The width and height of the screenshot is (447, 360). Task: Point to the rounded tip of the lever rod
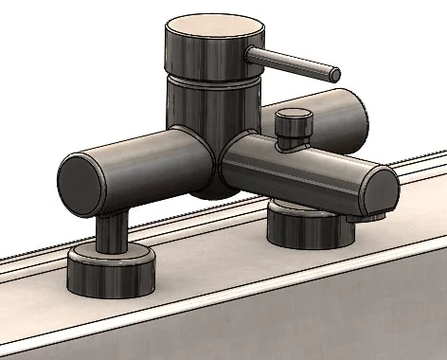click(335, 72)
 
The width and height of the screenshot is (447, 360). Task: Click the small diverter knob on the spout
click(293, 121)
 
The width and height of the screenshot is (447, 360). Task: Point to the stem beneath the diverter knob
click(289, 143)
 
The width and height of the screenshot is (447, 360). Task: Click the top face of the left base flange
click(112, 253)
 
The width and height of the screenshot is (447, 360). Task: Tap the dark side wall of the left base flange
click(112, 278)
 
